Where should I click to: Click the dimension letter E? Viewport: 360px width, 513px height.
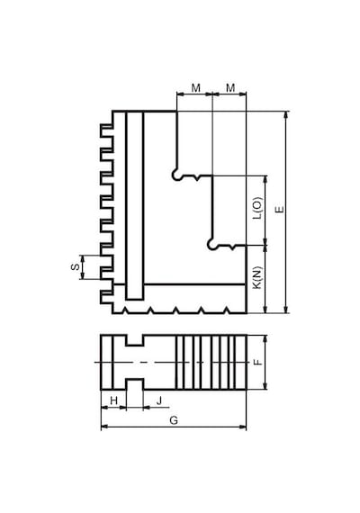280,210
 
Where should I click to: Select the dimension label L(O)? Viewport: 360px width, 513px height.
258,208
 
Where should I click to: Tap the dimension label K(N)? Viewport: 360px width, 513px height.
258,278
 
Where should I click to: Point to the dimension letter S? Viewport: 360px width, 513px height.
76,267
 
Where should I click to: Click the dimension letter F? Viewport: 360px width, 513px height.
258,362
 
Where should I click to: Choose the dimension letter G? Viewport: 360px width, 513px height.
174,420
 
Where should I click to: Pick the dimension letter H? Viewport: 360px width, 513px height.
113,400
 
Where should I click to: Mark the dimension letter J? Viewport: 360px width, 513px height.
159,400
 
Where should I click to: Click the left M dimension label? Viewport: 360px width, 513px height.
195,88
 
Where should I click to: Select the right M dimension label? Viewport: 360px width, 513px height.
230,88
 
